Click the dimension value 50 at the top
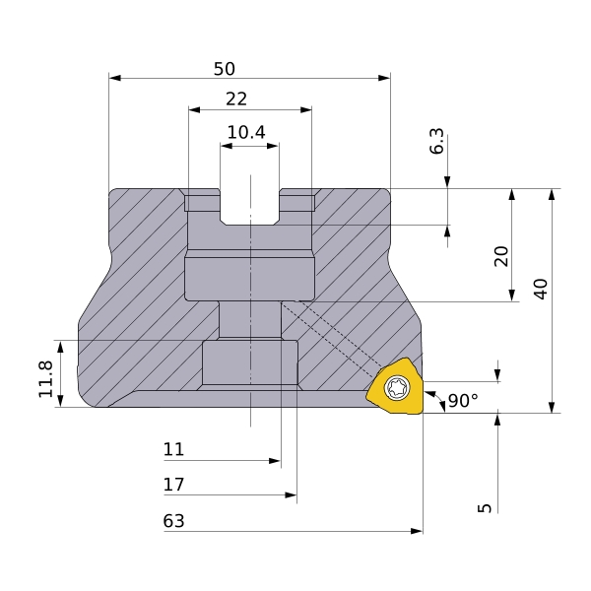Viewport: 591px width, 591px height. [x=225, y=69]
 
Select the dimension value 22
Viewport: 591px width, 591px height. [x=236, y=99]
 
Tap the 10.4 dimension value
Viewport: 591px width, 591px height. [x=246, y=132]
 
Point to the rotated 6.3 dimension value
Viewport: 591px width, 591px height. [x=436, y=141]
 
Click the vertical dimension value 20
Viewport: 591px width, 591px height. [x=501, y=256]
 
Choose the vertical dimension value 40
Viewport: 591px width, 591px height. [x=541, y=289]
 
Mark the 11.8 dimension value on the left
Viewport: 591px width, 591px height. [x=45, y=379]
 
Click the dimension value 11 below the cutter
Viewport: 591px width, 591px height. [x=173, y=449]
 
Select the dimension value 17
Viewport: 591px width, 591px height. [x=173, y=485]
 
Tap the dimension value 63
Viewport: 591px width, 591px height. [x=173, y=521]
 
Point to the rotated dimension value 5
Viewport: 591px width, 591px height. [x=485, y=508]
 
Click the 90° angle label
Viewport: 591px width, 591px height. [x=464, y=401]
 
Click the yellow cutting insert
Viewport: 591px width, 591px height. [x=395, y=386]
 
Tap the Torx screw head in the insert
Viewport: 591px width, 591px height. [x=397, y=387]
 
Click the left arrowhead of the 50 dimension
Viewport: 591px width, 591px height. [x=115, y=78]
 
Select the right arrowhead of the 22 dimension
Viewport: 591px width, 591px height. [x=306, y=110]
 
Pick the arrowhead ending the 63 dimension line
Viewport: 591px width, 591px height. [x=417, y=531]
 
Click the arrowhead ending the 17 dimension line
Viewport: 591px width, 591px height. [x=291, y=494]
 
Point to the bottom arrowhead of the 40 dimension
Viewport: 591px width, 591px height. [x=552, y=407]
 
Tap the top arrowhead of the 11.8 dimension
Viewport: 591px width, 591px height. [x=60, y=347]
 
